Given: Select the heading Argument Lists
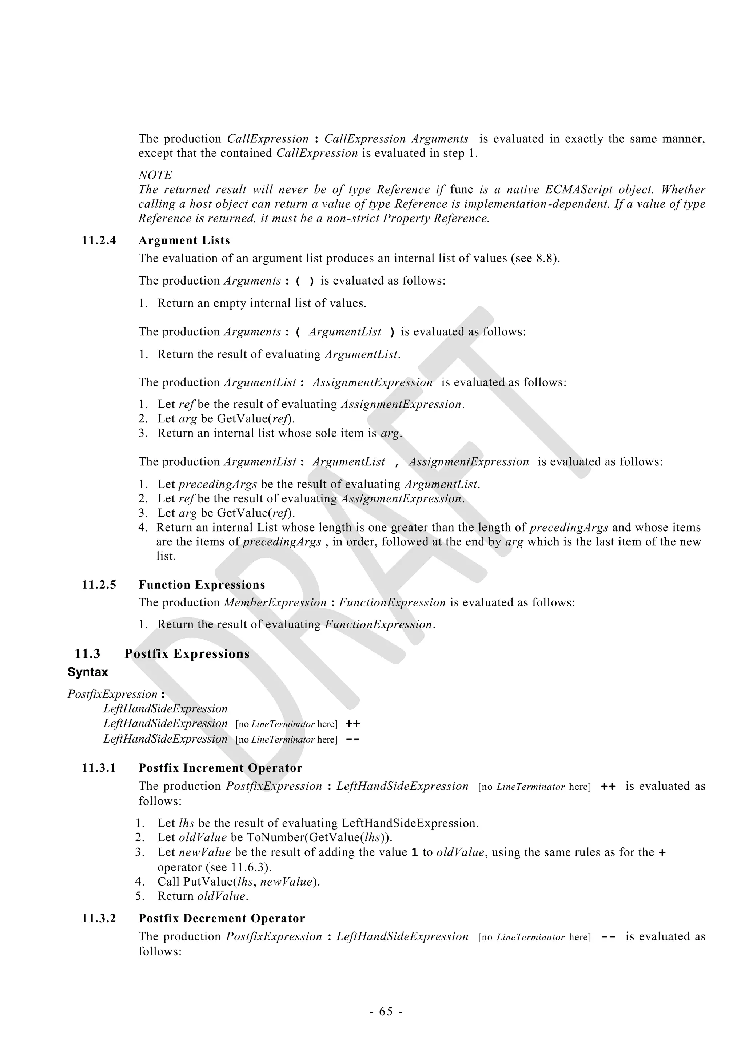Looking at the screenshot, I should tap(184, 240).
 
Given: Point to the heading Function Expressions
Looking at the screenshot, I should tap(202, 585).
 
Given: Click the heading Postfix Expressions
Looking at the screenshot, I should tap(187, 654).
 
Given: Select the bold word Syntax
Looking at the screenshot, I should tap(88, 672).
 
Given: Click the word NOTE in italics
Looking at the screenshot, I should tap(155, 175).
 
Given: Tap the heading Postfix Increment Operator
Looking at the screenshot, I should tap(220, 768).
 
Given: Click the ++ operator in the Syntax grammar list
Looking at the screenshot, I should tap(352, 724).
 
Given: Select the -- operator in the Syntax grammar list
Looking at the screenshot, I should tap(352, 739).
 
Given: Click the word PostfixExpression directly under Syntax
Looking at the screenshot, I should tap(112, 694).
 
